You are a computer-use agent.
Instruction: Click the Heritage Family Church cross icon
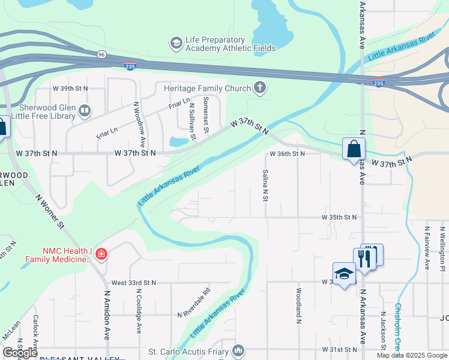(260, 88)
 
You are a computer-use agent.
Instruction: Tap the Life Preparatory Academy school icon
(176, 43)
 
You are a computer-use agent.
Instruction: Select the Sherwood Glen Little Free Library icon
(85, 110)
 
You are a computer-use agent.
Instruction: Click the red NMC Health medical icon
(101, 254)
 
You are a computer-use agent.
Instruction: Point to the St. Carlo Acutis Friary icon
(239, 350)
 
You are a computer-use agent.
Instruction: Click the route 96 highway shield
(101, 55)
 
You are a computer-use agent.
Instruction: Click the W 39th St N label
(71, 88)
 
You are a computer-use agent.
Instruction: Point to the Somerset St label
(205, 115)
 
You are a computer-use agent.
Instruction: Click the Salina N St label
(265, 185)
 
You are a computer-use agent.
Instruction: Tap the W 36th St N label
(287, 154)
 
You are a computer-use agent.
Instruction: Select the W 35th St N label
(339, 217)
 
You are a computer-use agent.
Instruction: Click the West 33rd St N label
(133, 283)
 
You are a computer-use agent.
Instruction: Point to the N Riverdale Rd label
(194, 304)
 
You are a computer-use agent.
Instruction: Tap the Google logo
(20, 352)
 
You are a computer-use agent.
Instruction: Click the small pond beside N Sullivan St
(178, 142)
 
